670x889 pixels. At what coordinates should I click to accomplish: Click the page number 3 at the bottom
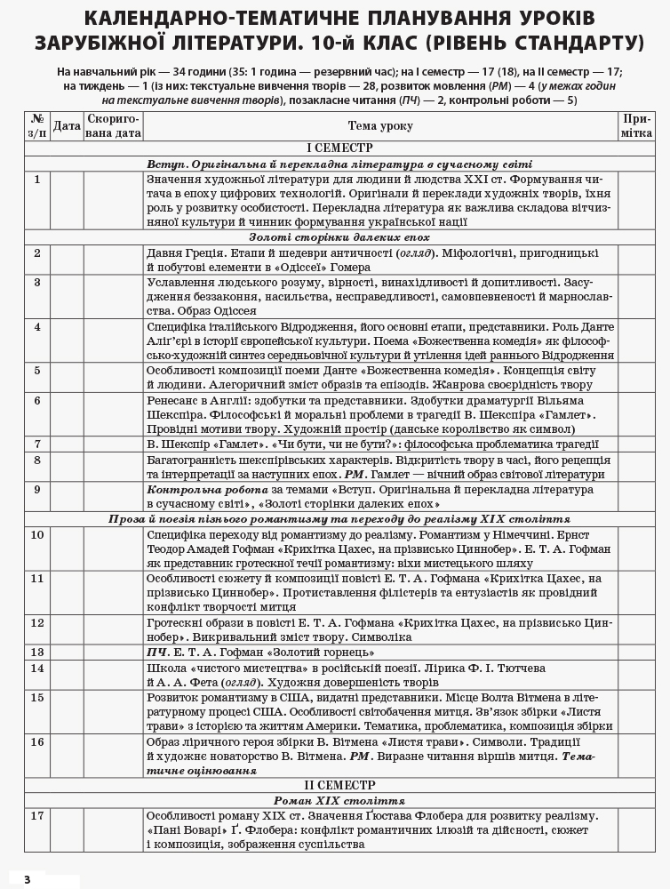tap(28, 879)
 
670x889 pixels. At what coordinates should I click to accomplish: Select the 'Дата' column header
tap(67, 126)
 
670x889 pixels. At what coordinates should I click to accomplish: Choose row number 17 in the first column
tap(37, 815)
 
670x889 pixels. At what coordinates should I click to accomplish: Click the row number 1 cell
tap(37, 180)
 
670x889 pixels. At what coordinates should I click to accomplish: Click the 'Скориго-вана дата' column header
tap(114, 126)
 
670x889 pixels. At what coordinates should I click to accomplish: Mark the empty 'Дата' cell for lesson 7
tap(67, 444)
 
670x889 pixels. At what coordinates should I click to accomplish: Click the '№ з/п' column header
tap(37, 126)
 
